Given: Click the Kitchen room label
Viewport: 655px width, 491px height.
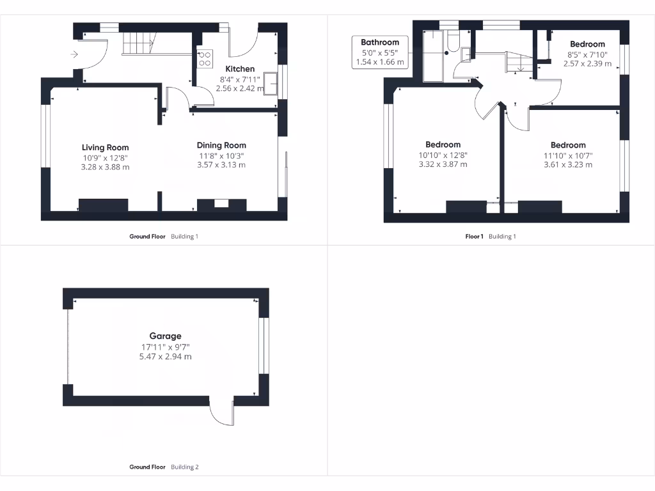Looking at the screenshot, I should click(240, 68).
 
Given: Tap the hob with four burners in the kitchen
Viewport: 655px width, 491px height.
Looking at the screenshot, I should click(205, 59).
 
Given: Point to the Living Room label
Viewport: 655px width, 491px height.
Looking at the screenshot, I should click(105, 148).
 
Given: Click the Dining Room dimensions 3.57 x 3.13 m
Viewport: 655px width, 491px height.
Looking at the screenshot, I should click(221, 165).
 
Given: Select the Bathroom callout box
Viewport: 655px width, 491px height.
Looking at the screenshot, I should click(380, 52).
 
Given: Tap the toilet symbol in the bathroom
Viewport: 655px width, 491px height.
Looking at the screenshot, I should click(452, 43).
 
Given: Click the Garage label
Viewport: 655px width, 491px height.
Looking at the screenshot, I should click(166, 336).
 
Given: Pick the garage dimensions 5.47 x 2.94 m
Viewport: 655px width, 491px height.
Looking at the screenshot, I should click(166, 357).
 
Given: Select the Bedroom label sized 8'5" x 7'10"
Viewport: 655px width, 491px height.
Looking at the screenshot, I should click(587, 44).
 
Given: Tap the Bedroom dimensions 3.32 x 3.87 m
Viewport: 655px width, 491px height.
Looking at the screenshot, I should click(443, 164).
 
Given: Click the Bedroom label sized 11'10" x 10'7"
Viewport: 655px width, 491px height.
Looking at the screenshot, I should click(568, 145).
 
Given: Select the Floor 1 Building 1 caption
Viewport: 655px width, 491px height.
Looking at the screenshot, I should click(490, 237).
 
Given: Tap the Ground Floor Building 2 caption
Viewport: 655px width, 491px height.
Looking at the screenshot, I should click(164, 467).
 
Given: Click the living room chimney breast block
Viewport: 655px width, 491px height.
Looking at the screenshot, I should click(103, 205).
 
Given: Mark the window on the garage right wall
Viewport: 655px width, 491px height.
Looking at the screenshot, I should click(264, 346).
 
